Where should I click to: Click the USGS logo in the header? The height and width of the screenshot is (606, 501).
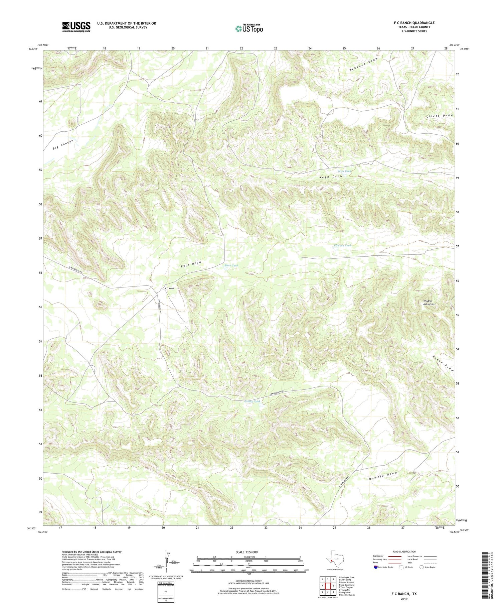[76, 27]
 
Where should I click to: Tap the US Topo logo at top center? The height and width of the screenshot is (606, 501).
[249, 28]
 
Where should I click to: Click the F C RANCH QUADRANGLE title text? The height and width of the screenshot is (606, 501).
[414, 23]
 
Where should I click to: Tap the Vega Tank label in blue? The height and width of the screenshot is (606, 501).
[344, 171]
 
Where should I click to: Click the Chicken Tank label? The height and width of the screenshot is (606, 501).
[343, 245]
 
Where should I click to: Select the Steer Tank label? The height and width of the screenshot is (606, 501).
[231, 265]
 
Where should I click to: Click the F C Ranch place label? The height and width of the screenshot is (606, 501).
[170, 288]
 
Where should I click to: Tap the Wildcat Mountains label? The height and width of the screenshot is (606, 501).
[429, 302]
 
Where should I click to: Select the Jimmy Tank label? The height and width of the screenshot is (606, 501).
[252, 401]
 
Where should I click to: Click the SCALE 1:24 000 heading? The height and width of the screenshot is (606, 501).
[249, 552]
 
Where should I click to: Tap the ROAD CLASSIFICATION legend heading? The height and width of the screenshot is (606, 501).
[404, 552]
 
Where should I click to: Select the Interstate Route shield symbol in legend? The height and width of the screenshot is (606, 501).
[376, 567]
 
